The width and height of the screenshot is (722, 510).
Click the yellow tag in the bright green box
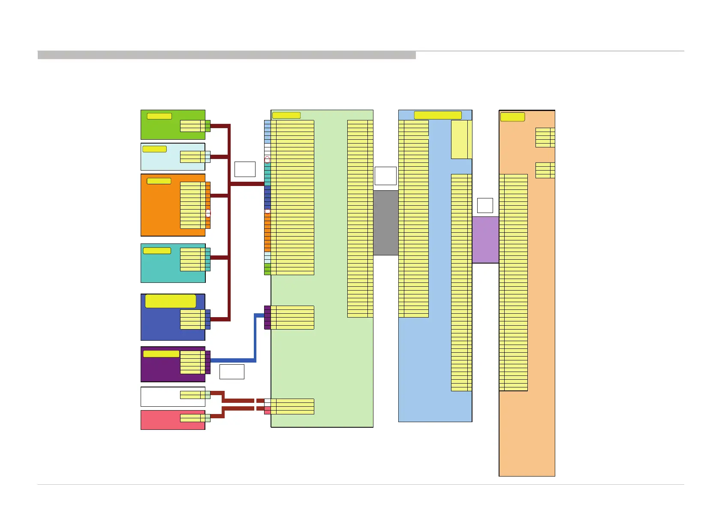pyautogui.click(x=159, y=116)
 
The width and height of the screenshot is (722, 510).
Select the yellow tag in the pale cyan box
pyautogui.click(x=154, y=149)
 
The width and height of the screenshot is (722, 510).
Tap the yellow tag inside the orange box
pyautogui.click(x=159, y=181)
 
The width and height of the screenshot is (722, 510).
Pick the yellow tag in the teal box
pyautogui.click(x=156, y=251)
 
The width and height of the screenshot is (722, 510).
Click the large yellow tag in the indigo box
pyautogui.click(x=170, y=301)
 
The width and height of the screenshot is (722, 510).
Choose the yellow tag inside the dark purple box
pyautogui.click(x=161, y=354)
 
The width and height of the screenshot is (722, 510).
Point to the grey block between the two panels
pyautogui.click(x=385, y=223)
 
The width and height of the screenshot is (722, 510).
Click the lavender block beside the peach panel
pyautogui.click(x=485, y=240)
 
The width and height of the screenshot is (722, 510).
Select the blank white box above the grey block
pyautogui.click(x=385, y=176)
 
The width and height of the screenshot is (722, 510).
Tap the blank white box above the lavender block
pyautogui.click(x=485, y=205)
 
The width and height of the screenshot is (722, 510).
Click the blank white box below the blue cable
pyautogui.click(x=232, y=372)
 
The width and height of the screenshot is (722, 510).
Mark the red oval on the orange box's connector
pyautogui.click(x=208, y=213)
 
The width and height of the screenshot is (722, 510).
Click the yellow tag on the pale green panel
pyautogui.click(x=286, y=115)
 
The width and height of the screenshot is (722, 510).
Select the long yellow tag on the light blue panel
pyautogui.click(x=437, y=115)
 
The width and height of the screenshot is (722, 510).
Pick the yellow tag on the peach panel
pyautogui.click(x=512, y=117)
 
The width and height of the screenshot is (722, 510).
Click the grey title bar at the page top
pyautogui.click(x=226, y=55)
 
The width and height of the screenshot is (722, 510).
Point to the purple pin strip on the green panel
pyautogui.click(x=267, y=317)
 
